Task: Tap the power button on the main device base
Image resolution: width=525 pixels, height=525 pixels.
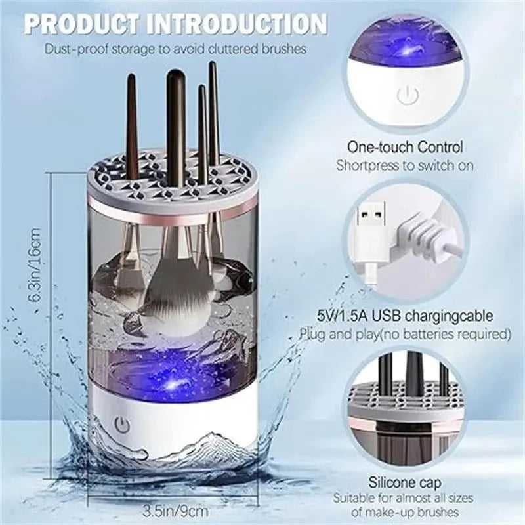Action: coord(121,424)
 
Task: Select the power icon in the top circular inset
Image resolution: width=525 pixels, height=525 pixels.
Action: coord(407,96)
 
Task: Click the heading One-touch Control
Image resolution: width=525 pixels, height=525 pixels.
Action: coord(406,148)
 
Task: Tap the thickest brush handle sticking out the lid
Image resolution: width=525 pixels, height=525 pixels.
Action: coord(175,125)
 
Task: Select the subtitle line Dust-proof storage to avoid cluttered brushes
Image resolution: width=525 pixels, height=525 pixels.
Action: coord(176,49)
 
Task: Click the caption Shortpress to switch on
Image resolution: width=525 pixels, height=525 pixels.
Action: coord(405,165)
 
